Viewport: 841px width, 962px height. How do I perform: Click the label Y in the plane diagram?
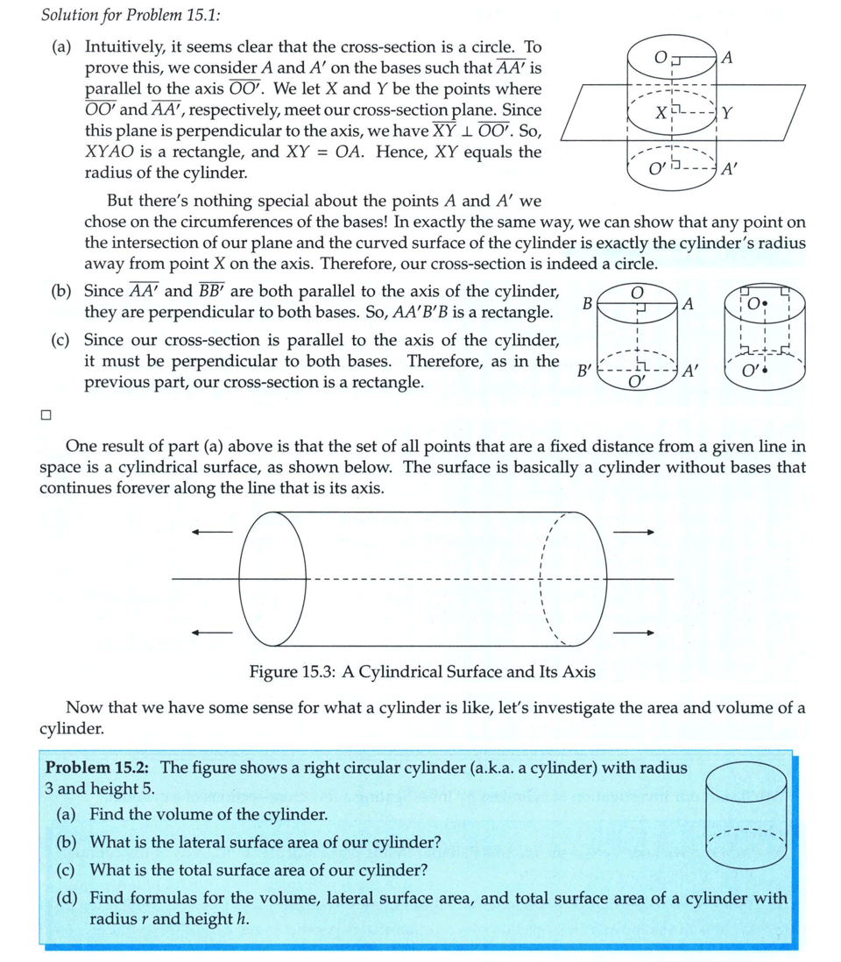pos(729,114)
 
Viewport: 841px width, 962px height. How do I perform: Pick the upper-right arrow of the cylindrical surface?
pos(633,531)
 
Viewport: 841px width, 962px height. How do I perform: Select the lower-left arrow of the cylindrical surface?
pos(214,632)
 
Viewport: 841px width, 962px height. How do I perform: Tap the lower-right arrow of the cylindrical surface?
pos(633,632)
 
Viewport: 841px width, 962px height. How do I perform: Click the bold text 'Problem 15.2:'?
pos(100,768)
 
